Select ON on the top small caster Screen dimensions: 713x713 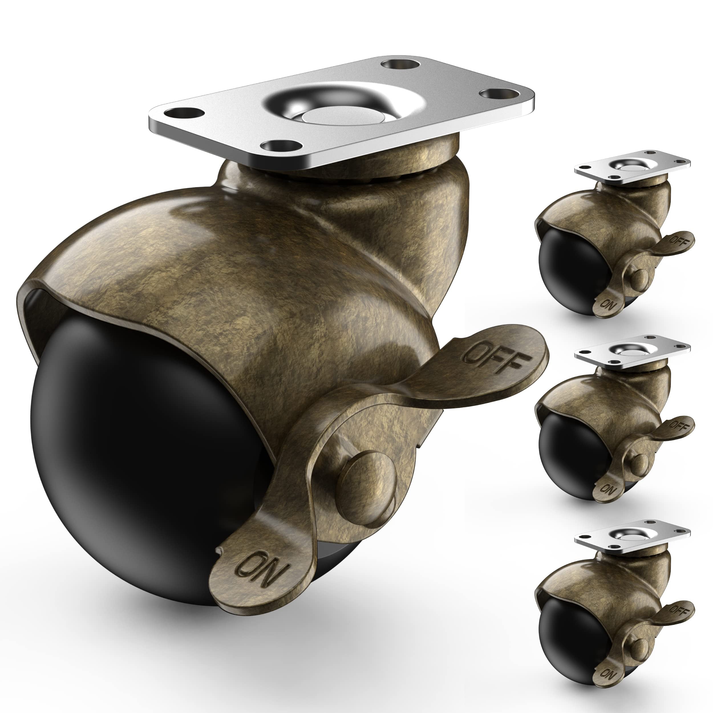pyautogui.click(x=607, y=304)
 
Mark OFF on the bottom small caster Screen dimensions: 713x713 pyautogui.click(x=678, y=605)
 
